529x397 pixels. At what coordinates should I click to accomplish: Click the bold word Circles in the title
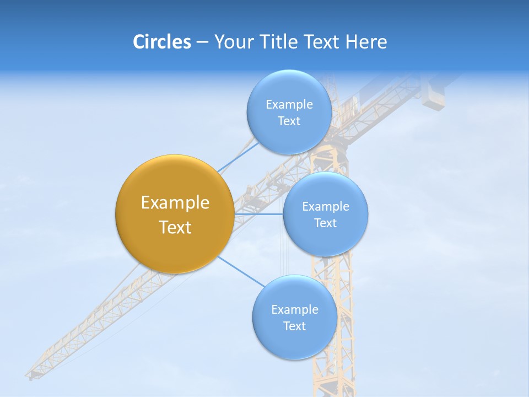[161, 42]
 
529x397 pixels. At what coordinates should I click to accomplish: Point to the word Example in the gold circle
[175, 203]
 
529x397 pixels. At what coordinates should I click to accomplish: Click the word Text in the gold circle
[175, 227]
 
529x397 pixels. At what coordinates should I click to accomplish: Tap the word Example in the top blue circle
[289, 104]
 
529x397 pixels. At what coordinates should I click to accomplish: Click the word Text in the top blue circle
[289, 121]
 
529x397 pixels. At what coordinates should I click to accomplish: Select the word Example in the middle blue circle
[325, 207]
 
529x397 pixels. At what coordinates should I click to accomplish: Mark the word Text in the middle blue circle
[325, 223]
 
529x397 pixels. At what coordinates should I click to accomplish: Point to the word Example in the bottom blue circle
[294, 309]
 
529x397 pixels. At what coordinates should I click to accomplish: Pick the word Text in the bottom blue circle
[294, 326]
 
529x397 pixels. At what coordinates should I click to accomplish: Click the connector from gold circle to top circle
[237, 157]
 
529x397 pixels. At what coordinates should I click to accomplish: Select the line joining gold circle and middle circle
[259, 214]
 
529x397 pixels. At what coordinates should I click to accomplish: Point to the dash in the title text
[202, 42]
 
